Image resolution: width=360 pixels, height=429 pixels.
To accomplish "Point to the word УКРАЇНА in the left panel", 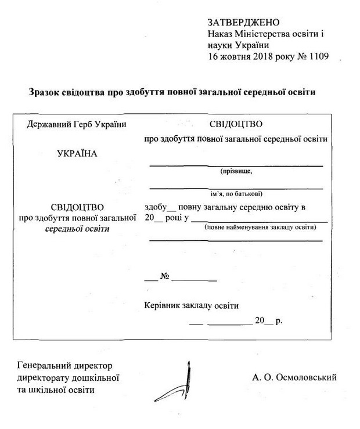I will point(77,154).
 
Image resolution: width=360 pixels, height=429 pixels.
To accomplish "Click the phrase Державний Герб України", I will point(77,124).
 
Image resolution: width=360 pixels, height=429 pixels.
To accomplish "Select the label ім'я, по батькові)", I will point(236,193).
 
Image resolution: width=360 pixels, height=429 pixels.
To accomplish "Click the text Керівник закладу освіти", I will point(191,305).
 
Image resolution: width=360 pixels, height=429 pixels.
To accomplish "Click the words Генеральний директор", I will point(65,366).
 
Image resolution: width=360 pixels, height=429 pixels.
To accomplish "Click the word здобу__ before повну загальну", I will point(160,207).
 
